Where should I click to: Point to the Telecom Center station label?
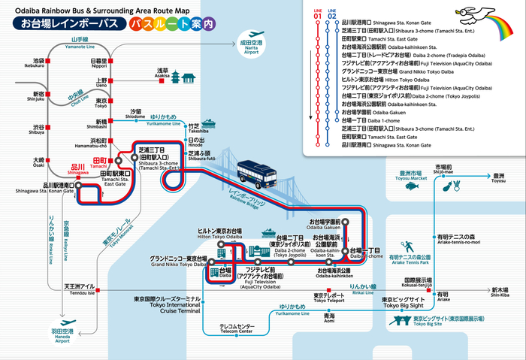coord(237,328)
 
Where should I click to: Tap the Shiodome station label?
coord(135,113)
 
